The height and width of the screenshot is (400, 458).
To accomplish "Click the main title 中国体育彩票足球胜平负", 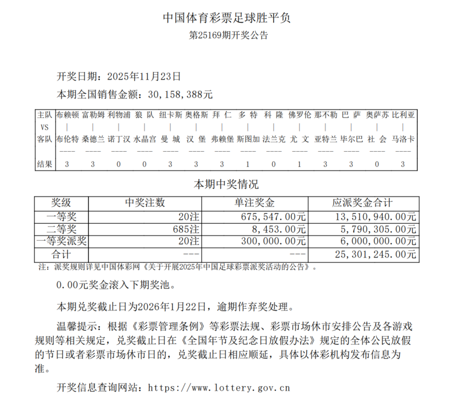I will (x=228, y=17).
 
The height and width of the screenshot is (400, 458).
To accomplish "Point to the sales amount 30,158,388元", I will (x=180, y=94).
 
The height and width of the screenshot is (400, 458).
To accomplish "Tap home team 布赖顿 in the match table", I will (x=68, y=115).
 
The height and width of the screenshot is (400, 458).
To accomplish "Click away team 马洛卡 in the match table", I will (x=403, y=139).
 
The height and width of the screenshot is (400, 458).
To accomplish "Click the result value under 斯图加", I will (x=248, y=164).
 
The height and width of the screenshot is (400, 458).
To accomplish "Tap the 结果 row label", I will (x=45, y=164).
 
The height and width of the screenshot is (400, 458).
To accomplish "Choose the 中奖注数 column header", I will (x=145, y=203).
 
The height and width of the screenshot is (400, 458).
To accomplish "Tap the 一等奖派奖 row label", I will (x=61, y=241).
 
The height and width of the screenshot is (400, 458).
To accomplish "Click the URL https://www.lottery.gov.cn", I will (x=219, y=388).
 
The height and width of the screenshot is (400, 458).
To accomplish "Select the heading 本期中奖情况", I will (x=227, y=184).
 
